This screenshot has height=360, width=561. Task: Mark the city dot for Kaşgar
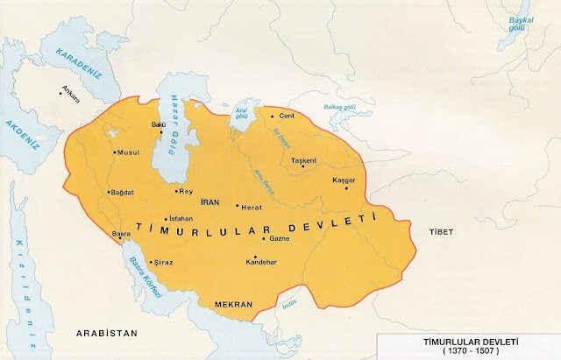[x=349, y=187]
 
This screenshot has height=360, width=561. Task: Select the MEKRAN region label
[x=233, y=304]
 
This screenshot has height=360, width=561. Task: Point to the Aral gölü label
[x=238, y=115]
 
